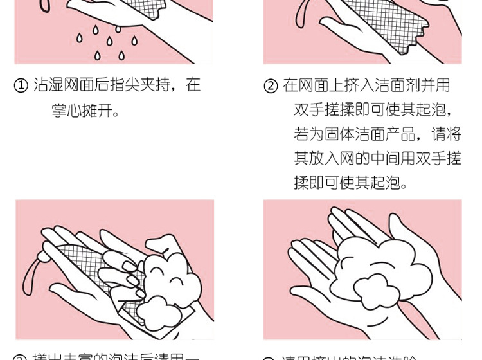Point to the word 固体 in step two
tap(344, 134)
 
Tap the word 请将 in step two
tap(447, 134)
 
